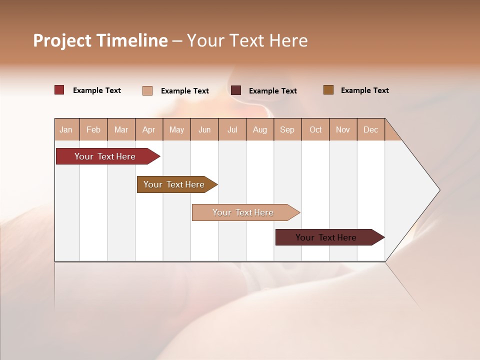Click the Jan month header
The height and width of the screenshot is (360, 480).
66,129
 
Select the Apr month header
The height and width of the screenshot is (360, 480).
149,129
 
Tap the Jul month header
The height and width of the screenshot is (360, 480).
232,129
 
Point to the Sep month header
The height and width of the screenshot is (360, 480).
287,129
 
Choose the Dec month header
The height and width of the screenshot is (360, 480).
370,129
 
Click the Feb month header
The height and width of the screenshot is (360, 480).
93,129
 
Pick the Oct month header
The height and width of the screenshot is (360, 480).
315,129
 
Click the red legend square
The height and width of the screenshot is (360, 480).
59,90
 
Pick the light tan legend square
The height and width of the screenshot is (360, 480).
147,90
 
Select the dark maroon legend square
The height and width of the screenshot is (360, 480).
236,90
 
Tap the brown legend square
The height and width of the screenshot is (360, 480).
328,90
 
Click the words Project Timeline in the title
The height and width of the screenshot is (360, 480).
100,40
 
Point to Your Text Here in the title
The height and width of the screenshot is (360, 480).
247,40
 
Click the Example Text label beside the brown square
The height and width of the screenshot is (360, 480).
364,90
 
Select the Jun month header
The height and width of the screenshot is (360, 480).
204,129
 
